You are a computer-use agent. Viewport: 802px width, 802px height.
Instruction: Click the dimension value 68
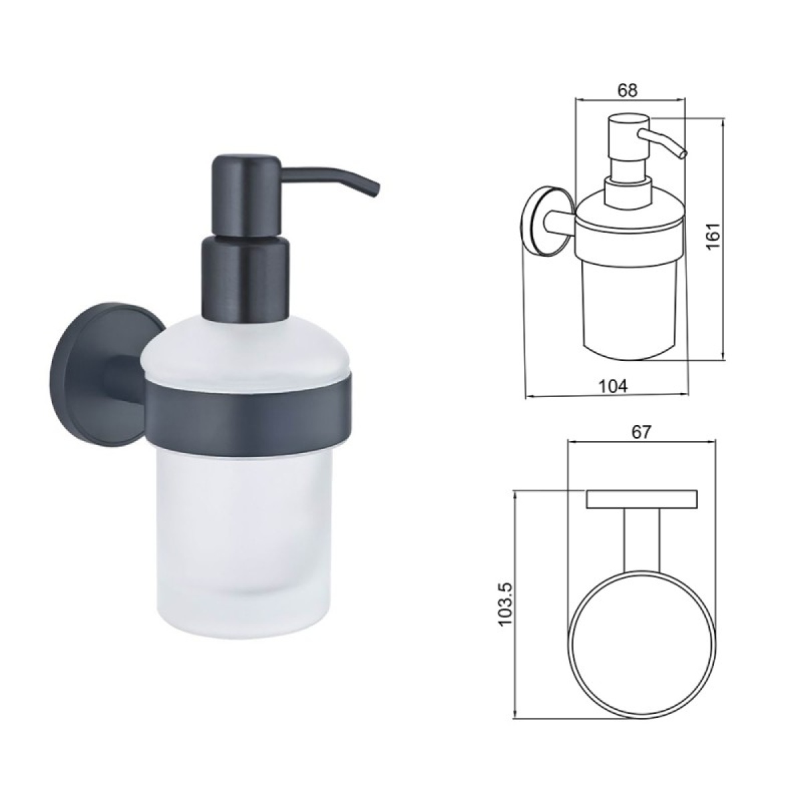627,91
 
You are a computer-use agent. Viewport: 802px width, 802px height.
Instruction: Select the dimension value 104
613,386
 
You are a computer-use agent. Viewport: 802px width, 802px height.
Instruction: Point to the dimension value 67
640,432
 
